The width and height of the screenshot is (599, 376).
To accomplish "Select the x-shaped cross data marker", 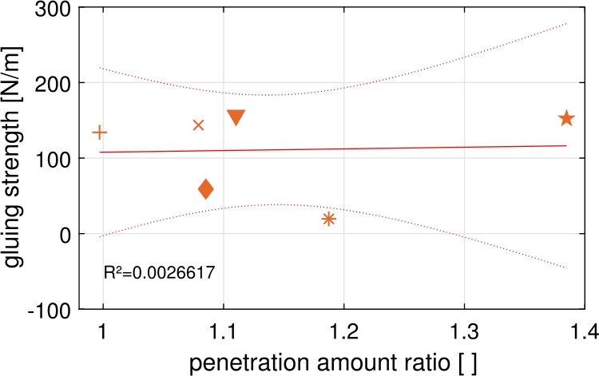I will point(199,125).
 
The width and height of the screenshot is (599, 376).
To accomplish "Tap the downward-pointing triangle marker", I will point(236,117).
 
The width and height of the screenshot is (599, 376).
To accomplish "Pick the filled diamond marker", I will point(205,189).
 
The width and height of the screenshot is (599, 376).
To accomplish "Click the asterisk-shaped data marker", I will point(328,219).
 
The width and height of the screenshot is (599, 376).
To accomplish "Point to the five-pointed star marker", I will point(566,118).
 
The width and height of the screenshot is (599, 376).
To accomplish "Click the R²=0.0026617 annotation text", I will point(159,273).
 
